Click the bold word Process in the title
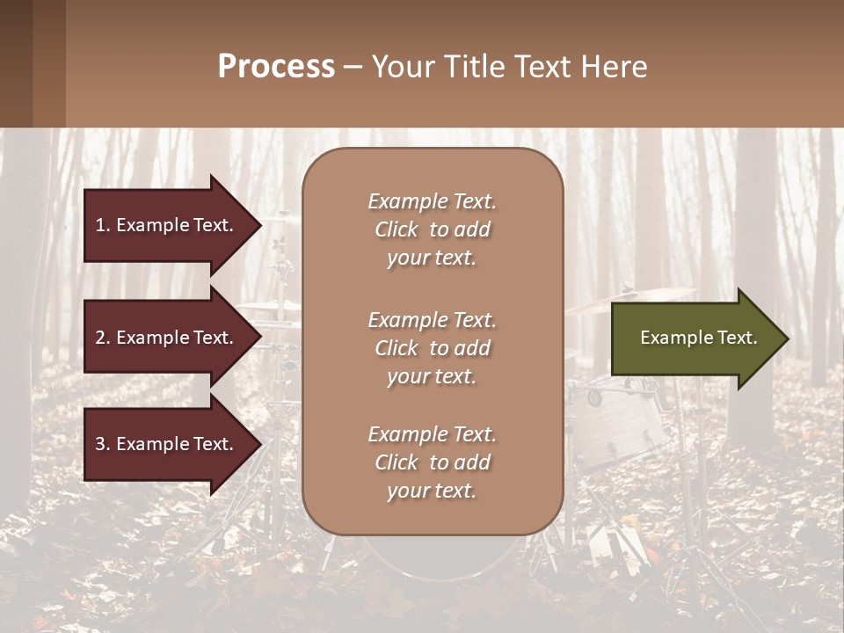(x=276, y=67)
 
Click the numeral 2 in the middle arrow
(x=99, y=338)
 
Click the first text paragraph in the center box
(x=432, y=229)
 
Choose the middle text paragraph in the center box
(x=432, y=348)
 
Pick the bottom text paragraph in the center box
(x=432, y=462)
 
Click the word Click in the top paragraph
(x=396, y=229)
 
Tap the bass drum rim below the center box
(x=431, y=571)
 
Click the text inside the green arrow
(x=698, y=338)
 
